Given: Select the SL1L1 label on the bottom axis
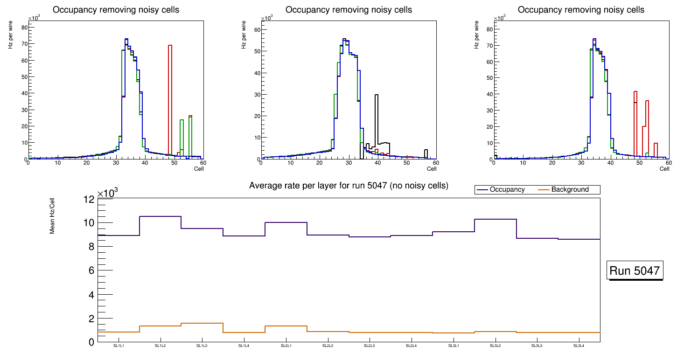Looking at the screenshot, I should (119, 346).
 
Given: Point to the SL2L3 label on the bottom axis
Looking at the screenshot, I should (370, 346).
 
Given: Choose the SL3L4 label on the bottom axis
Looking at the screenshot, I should (579, 346).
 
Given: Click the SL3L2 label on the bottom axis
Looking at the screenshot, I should (496, 346).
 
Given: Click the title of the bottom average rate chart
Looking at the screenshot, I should (349, 186).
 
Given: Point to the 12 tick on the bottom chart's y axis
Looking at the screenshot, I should (89, 199).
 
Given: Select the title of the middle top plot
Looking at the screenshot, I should (349, 9).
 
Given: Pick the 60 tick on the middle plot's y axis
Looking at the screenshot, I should (256, 29).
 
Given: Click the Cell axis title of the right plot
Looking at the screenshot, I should (664, 169).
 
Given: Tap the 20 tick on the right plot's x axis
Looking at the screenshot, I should (552, 163).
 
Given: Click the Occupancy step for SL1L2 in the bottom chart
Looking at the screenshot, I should (161, 216).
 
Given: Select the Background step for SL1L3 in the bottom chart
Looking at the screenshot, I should (202, 323).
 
